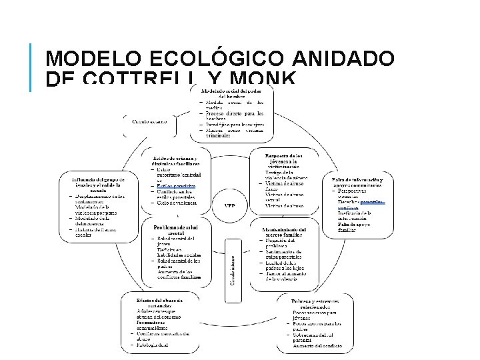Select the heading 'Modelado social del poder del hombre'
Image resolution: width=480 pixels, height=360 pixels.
(x=231, y=93)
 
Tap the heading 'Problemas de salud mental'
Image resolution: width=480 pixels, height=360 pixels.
(x=176, y=229)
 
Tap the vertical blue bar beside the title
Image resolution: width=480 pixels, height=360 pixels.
(x=31, y=67)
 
